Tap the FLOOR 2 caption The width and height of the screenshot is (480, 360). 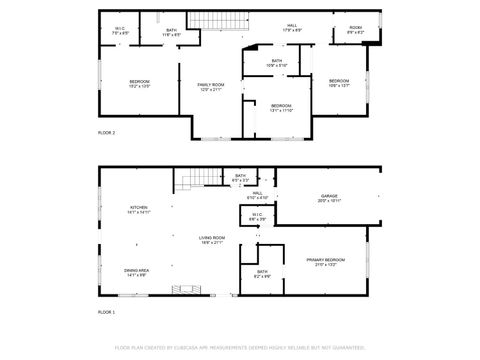click(x=106, y=132)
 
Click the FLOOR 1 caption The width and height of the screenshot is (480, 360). click(x=106, y=313)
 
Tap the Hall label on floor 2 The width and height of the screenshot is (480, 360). click(x=293, y=28)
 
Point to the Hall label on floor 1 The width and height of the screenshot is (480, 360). click(x=257, y=195)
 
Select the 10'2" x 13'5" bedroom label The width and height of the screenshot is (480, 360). click(x=138, y=84)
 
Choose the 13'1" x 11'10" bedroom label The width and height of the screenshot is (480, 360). click(x=281, y=108)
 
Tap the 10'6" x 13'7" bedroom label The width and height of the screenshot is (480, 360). click(x=340, y=83)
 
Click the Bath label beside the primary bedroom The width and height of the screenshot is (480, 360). click(x=262, y=274)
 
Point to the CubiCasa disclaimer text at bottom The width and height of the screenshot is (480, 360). click(x=239, y=347)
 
